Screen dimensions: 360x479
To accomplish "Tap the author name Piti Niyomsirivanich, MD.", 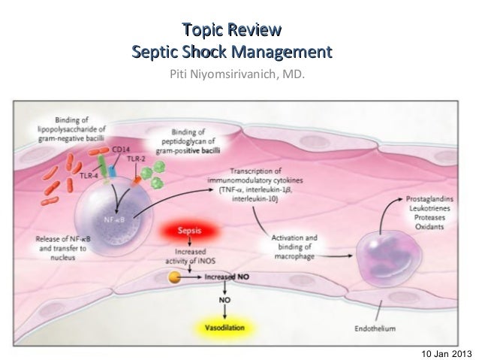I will pos(237,76).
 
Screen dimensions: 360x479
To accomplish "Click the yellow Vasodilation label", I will pos(224,328).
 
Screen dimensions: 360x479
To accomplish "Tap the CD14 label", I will pos(119,150).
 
